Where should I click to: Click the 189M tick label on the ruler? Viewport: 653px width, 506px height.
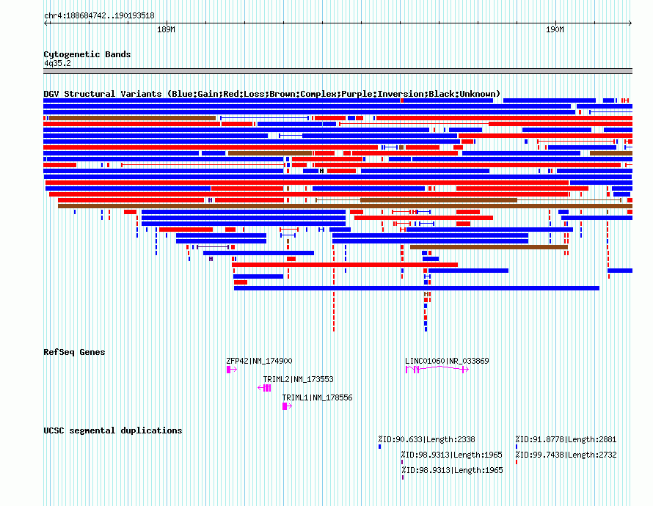pos(166,30)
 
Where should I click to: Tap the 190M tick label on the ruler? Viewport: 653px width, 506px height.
pos(555,30)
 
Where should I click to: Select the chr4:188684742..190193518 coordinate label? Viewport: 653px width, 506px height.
pos(99,15)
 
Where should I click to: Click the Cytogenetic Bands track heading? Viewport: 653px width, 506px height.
pos(87,54)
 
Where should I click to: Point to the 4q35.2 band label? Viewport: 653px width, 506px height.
pos(57,63)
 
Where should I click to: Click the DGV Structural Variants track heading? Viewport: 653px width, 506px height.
pos(271,94)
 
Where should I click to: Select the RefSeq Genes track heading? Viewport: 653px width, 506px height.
pos(74,352)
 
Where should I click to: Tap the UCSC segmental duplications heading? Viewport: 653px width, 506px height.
pos(112,430)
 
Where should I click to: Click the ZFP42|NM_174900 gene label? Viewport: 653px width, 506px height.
pos(259,361)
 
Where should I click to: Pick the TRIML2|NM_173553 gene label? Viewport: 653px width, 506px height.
pos(298,379)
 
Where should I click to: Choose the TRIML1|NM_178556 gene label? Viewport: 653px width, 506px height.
pos(317,397)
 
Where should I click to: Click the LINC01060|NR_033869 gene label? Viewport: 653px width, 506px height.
pos(447,361)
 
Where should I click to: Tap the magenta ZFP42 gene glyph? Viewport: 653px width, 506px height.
pos(230,370)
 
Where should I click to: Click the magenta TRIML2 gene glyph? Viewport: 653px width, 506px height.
pos(265,388)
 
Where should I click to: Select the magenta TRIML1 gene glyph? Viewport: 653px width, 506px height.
pos(286,406)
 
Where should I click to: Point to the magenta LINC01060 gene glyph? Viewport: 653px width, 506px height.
pos(437,370)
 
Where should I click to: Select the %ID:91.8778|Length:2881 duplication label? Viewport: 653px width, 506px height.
pos(566,439)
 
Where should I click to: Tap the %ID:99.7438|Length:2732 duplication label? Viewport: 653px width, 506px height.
pos(566,455)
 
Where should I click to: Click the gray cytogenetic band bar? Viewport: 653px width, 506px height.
pos(338,71)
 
